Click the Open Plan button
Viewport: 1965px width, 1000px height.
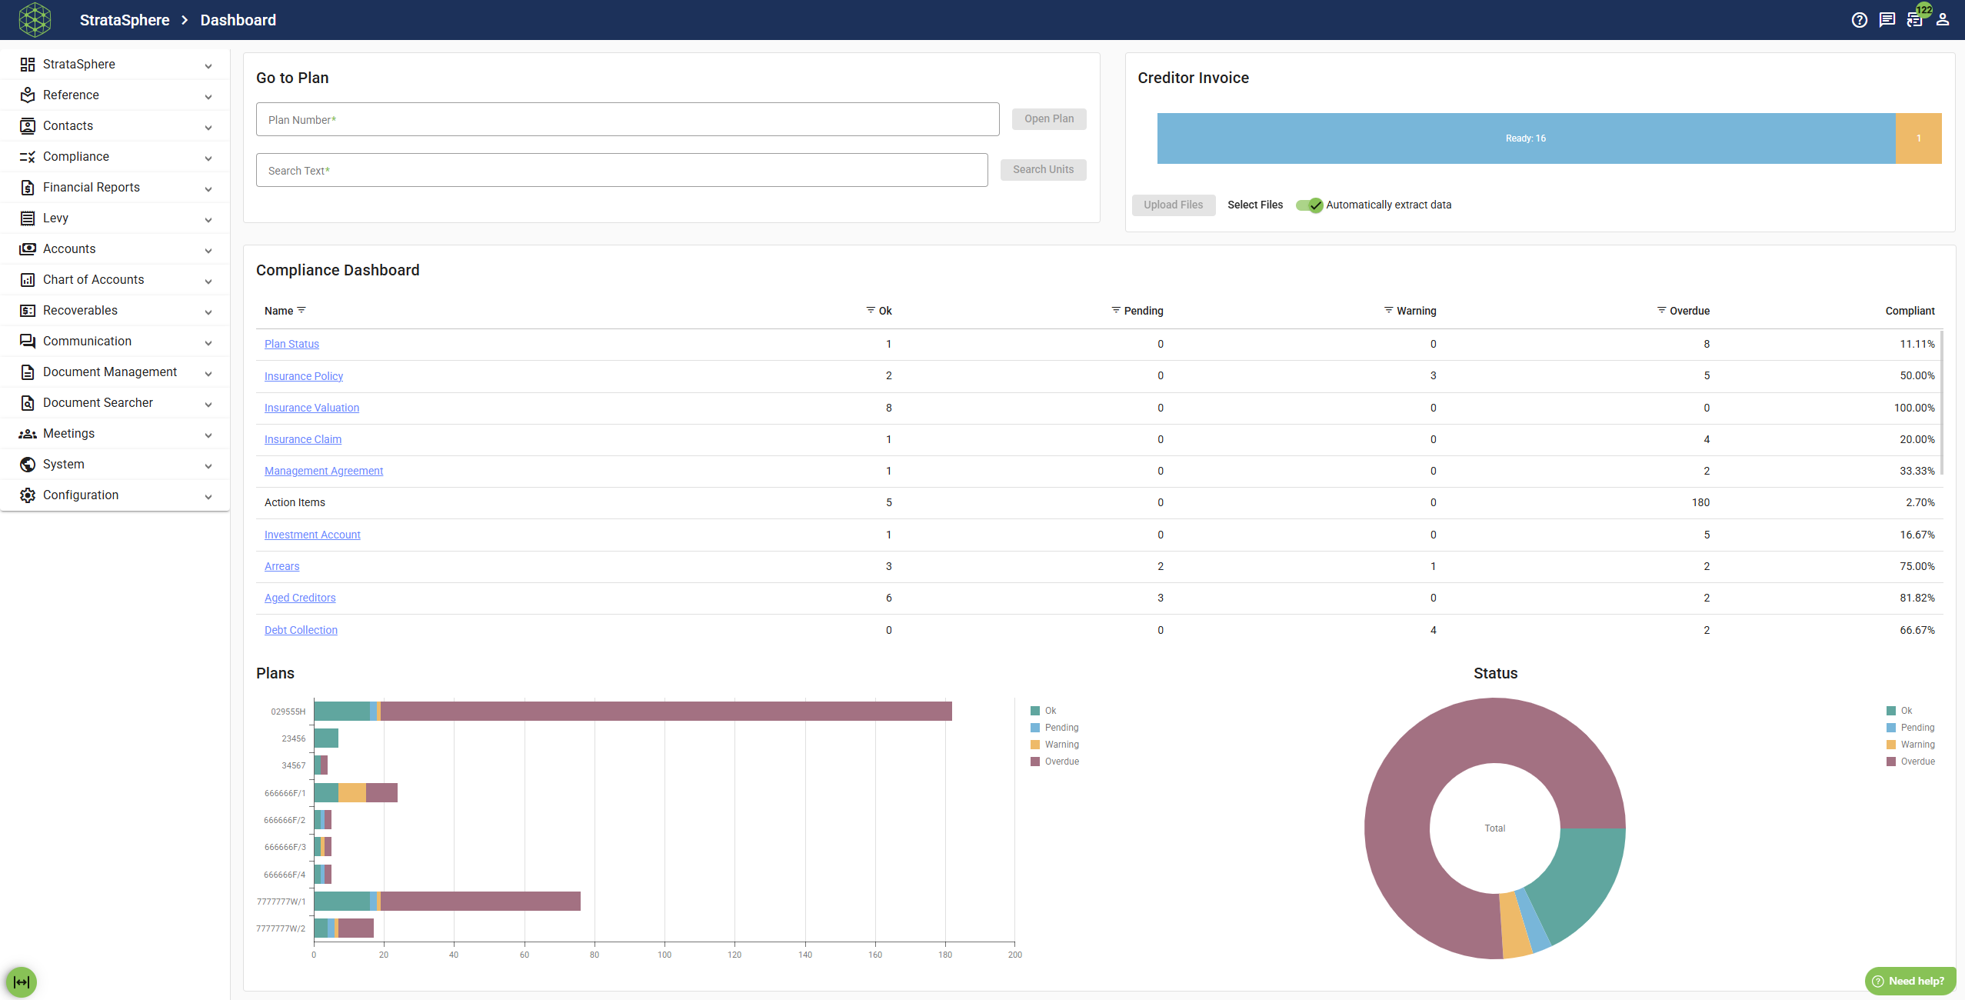1049,119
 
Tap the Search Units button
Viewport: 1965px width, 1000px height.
1043,170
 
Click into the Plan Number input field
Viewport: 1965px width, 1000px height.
628,119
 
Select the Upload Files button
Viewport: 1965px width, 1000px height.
1173,205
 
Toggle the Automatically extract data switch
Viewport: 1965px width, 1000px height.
1309,205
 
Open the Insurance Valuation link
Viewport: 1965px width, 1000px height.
311,408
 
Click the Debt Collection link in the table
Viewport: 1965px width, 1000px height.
301,630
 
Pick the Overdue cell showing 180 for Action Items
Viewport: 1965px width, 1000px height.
1700,502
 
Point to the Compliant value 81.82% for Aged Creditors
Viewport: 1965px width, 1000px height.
1917,598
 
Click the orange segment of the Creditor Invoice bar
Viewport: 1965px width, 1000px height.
1918,138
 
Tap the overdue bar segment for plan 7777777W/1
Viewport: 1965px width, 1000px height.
480,902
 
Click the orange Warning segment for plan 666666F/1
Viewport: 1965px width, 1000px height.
352,793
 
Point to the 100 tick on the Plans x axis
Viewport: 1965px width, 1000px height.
664,955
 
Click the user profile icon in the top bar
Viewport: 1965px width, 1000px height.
1943,20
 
